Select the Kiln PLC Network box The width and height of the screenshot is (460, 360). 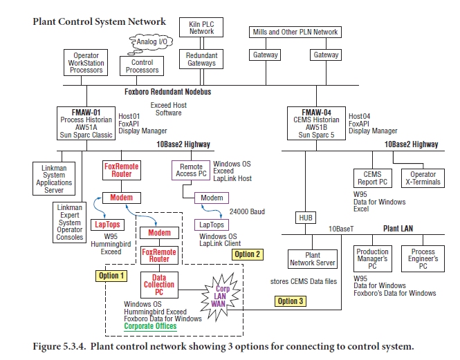coord(201,28)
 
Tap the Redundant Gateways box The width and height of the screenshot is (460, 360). coord(201,59)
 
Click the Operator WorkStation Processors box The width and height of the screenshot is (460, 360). coord(86,64)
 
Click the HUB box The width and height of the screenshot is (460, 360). coord(306,218)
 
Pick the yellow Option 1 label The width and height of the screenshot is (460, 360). coord(111,275)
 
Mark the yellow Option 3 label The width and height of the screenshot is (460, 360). coord(291,301)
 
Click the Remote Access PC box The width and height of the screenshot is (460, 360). coord(192,171)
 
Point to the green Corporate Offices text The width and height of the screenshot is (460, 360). coord(150,326)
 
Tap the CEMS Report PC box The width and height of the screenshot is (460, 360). coord(373,179)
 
